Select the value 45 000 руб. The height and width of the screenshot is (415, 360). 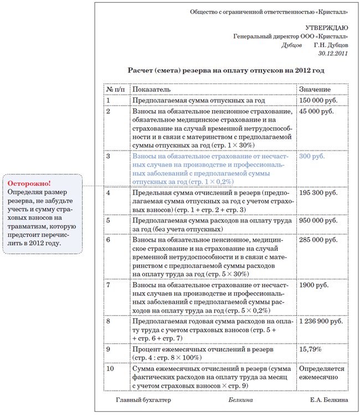click(316, 111)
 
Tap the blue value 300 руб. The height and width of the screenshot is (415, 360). click(312, 157)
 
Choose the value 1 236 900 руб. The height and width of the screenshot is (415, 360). click(320, 321)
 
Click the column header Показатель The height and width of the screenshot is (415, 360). click(152, 89)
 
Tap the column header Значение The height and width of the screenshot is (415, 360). click(315, 89)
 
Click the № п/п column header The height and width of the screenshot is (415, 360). click(116, 89)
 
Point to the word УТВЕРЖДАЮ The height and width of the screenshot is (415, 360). click(327, 28)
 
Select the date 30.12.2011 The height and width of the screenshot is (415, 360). click(333, 54)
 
